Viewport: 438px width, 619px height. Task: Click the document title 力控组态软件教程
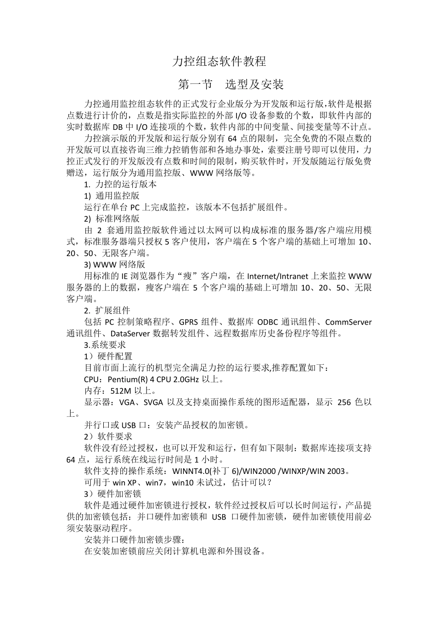(x=219, y=61)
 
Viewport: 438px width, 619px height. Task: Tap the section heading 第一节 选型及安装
(x=231, y=84)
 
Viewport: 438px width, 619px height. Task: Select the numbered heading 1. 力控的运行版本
(x=120, y=184)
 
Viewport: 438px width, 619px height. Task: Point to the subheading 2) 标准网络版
(x=112, y=218)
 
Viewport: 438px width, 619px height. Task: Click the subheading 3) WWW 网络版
(x=114, y=264)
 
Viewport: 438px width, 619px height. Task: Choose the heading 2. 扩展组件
(x=107, y=310)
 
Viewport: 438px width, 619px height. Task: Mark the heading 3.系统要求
(x=105, y=345)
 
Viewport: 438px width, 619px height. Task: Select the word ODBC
(x=268, y=322)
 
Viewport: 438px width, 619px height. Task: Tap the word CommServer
(x=348, y=322)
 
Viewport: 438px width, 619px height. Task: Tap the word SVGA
(x=154, y=402)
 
